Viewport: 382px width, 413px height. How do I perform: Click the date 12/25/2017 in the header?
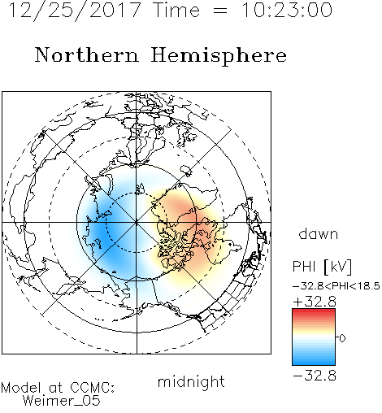pyautogui.click(x=75, y=11)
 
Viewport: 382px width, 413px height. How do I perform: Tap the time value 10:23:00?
pyautogui.click(x=287, y=10)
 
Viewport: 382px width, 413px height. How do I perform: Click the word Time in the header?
pyautogui.click(x=176, y=10)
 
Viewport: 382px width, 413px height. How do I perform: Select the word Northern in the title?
pyautogui.click(x=87, y=54)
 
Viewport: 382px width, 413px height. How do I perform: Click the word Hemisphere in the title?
pyautogui.click(x=219, y=55)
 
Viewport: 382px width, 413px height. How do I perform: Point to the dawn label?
pyautogui.click(x=319, y=233)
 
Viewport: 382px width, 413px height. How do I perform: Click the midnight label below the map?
pyautogui.click(x=191, y=381)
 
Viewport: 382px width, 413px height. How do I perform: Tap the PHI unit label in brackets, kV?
pyautogui.click(x=338, y=267)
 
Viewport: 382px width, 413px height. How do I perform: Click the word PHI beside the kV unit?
pyautogui.click(x=304, y=267)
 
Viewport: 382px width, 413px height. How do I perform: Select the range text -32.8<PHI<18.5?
pyautogui.click(x=336, y=286)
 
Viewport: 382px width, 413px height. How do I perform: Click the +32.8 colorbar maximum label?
pyautogui.click(x=315, y=302)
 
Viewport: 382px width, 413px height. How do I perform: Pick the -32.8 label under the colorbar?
pyautogui.click(x=315, y=376)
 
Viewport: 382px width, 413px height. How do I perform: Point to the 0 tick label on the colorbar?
pyautogui.click(x=342, y=338)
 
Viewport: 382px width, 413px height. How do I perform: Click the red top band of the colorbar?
pyautogui.click(x=314, y=312)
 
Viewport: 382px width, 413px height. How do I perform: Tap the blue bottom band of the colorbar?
pyautogui.click(x=314, y=362)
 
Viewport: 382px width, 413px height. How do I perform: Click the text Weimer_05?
pyautogui.click(x=62, y=400)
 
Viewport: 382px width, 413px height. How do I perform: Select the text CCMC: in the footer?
pyautogui.click(x=92, y=388)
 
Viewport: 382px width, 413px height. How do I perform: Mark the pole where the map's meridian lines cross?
pyautogui.click(x=137, y=223)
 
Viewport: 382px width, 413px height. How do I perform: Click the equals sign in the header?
pyautogui.click(x=220, y=11)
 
